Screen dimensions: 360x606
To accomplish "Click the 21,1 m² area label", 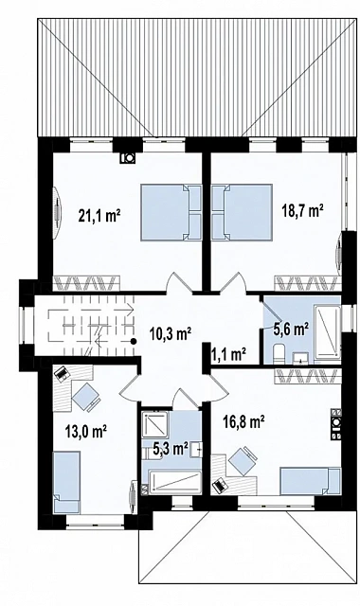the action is click(x=99, y=216).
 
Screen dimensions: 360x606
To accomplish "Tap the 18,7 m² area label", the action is click(x=302, y=211).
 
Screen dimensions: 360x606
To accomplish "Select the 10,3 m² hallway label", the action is click(x=171, y=333).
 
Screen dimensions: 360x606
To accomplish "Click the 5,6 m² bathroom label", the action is click(x=291, y=330).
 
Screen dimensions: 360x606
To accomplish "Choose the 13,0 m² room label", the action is click(x=86, y=431).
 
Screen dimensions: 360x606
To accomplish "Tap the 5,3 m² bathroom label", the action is click(x=171, y=449).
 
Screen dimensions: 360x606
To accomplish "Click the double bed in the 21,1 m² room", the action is click(x=171, y=213).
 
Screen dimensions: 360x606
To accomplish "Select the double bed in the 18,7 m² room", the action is click(x=242, y=213).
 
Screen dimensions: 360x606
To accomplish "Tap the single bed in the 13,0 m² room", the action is click(x=66, y=482).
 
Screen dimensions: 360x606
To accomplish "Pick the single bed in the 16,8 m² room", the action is click(x=311, y=481).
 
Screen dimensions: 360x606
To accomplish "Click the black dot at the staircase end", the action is click(x=134, y=341).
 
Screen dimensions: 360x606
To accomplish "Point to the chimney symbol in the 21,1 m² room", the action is click(x=127, y=158).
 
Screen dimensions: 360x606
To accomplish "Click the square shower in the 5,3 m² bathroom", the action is click(x=154, y=425).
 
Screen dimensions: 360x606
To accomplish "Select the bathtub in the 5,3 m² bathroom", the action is click(x=174, y=482).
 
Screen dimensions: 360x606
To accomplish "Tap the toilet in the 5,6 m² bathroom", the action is click(x=279, y=355).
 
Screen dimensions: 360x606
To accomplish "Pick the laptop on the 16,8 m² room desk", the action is click(x=220, y=485).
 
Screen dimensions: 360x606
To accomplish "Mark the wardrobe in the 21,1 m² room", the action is click(x=87, y=283).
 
